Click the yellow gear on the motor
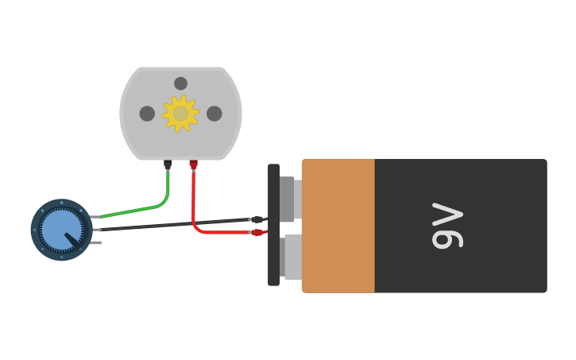[x=180, y=114]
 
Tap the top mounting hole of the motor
[x=180, y=83]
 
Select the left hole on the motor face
[x=147, y=114]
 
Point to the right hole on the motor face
[x=215, y=114]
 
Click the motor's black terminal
[x=168, y=165]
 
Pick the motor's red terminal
[x=193, y=165]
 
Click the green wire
[x=143, y=209]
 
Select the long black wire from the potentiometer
[x=175, y=225]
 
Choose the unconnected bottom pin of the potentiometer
[x=96, y=242]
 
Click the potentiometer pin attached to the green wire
[x=95, y=216]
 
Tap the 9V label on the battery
[x=447, y=226]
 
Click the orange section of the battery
[x=338, y=226]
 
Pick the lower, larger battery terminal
[x=292, y=257]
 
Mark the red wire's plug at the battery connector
[x=257, y=233]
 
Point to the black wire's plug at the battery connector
[x=257, y=219]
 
